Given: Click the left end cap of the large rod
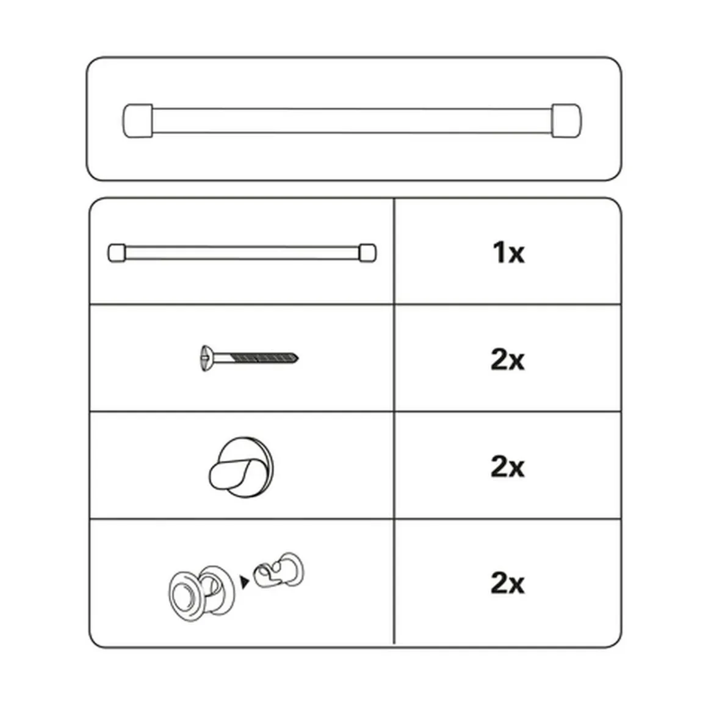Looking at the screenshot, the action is pos(138,121).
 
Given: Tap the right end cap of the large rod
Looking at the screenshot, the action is pos(566,121).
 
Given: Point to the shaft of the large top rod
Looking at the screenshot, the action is pos(352,121).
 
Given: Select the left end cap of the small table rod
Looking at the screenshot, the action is pos(117,253).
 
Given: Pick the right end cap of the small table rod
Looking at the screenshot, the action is pos(367,253).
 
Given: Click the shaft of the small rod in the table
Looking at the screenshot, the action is pos(242,253).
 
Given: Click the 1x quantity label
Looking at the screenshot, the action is pos(508,253).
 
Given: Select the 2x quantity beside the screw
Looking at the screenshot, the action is pos(508,360).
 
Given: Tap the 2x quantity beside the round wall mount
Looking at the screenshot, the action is pos(508,466).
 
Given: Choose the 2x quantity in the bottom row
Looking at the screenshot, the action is pos(508,583).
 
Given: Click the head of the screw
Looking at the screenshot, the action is pos(206,358).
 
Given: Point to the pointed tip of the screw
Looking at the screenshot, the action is pos(297,358).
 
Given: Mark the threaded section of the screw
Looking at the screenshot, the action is pos(263,358).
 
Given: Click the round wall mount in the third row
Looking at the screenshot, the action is pos(241,468).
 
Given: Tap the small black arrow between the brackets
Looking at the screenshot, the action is pos(244,582).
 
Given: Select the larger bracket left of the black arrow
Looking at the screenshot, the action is pos(202,593).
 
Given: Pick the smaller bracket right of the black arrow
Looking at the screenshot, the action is pos(278,570).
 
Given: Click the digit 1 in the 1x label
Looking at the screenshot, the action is pos(499,253).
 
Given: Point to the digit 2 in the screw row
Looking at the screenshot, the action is pos(499,360).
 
